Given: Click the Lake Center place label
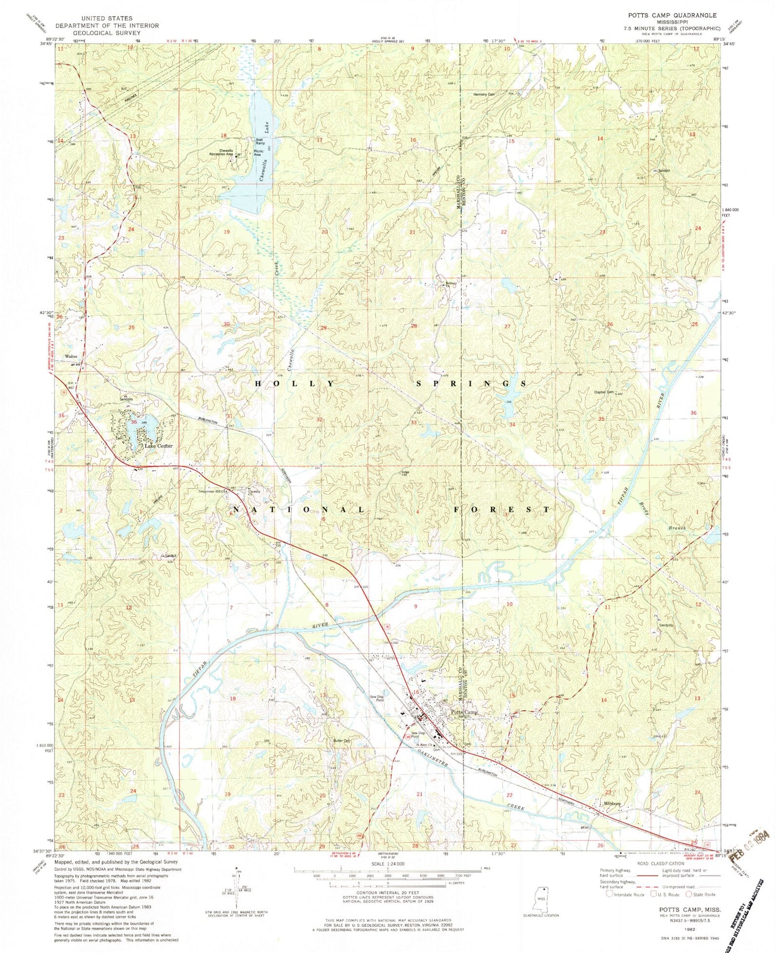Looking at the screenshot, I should pyautogui.click(x=158, y=446).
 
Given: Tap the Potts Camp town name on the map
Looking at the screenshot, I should pyautogui.click(x=464, y=712).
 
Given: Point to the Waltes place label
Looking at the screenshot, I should pyautogui.click(x=71, y=356).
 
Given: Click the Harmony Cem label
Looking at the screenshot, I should pyautogui.click(x=483, y=95).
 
